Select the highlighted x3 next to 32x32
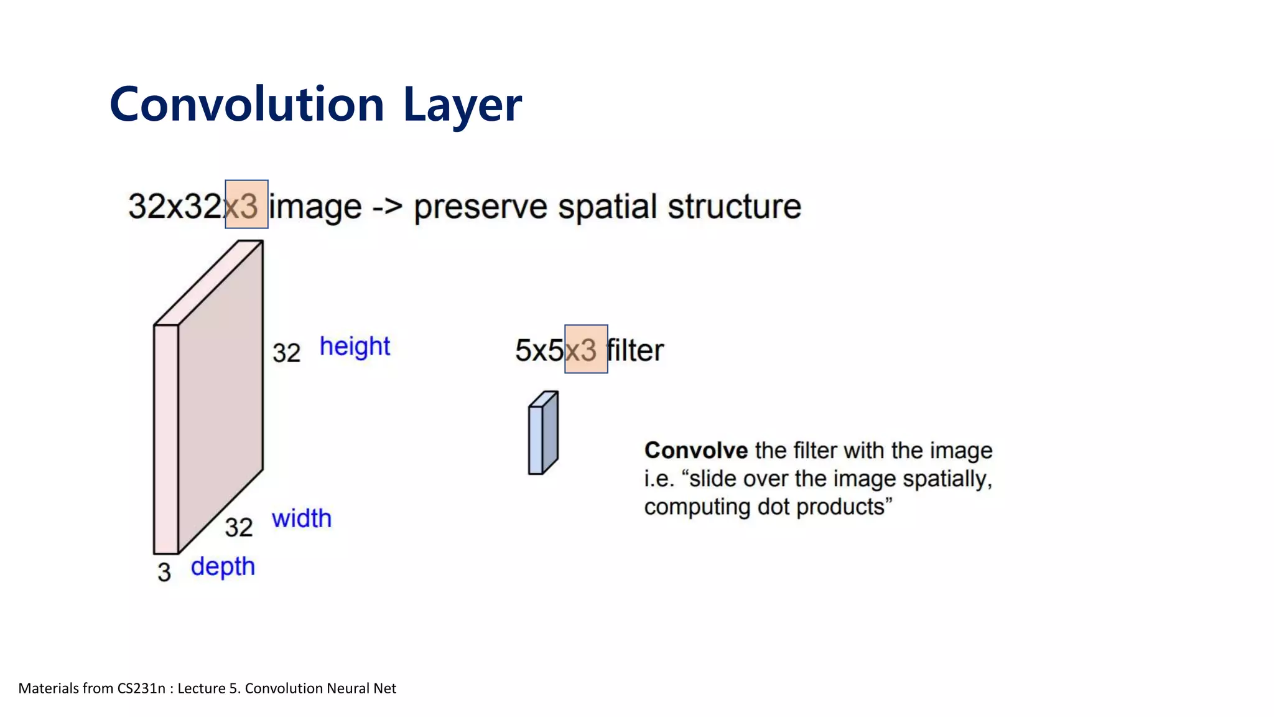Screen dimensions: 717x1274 coord(246,205)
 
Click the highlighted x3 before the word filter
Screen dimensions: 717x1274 coord(586,349)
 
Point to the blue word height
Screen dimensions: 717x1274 coord(355,347)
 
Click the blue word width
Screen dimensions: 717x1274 coord(302,518)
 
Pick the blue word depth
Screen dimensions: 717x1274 coord(223,567)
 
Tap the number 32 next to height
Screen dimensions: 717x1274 coord(286,353)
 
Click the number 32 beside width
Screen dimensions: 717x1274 coord(238,527)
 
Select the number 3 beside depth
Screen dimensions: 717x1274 coord(164,572)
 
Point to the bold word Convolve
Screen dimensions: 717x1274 coord(695,450)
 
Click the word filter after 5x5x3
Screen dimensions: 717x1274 coord(636,350)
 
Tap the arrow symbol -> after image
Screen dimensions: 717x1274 coord(387,207)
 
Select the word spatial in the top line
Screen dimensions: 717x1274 coord(607,207)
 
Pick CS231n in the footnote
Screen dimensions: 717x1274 coord(141,688)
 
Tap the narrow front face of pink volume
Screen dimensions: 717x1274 coord(166,439)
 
